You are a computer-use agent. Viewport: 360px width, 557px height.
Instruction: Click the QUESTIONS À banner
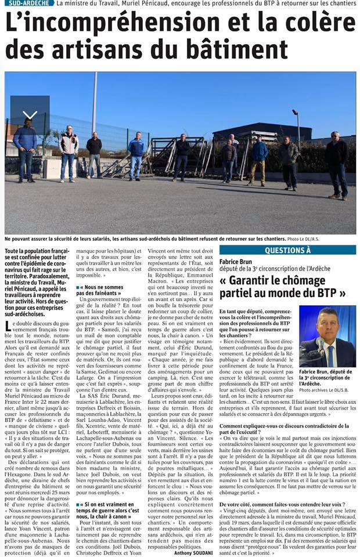pyautogui.click(x=287, y=250)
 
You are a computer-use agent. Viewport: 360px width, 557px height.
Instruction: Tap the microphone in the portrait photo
pyautogui.click(x=319, y=346)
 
